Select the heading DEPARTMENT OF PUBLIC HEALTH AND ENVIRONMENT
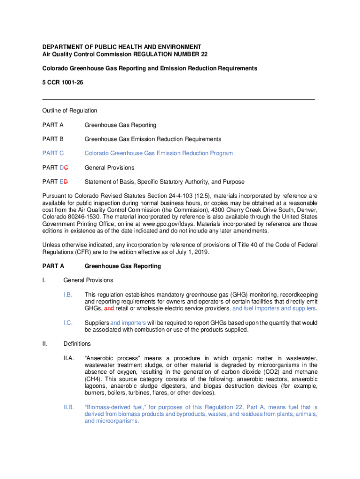click(122, 47)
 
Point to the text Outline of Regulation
click(70, 111)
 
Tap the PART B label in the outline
click(53, 139)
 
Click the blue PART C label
click(53, 153)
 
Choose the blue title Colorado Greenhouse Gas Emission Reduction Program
click(158, 153)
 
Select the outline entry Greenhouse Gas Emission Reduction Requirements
click(153, 139)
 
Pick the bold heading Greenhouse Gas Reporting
click(122, 266)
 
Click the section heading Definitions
click(77, 344)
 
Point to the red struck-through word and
click(108, 309)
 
